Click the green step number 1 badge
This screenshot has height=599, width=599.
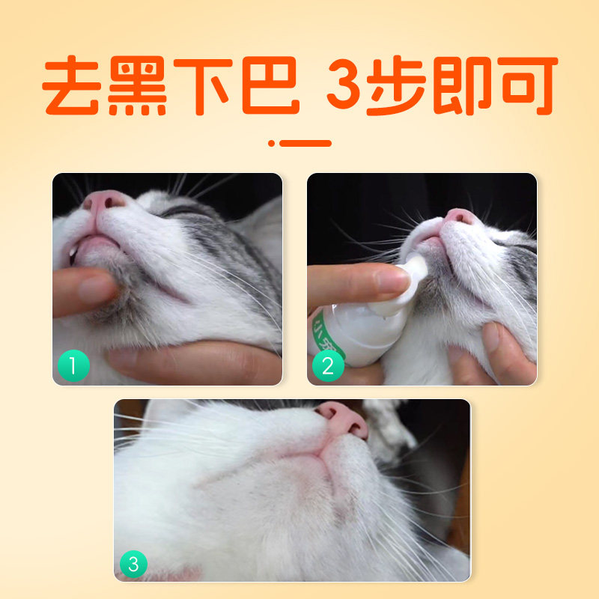(x=73, y=366)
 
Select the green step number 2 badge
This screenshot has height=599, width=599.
(x=328, y=366)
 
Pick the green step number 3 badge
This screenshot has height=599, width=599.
(x=134, y=563)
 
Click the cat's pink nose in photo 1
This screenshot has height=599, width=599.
(x=105, y=201)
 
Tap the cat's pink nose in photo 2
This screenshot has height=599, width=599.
(x=460, y=216)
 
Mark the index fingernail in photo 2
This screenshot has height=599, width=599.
(x=390, y=281)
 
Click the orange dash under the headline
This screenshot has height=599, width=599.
(x=303, y=142)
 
